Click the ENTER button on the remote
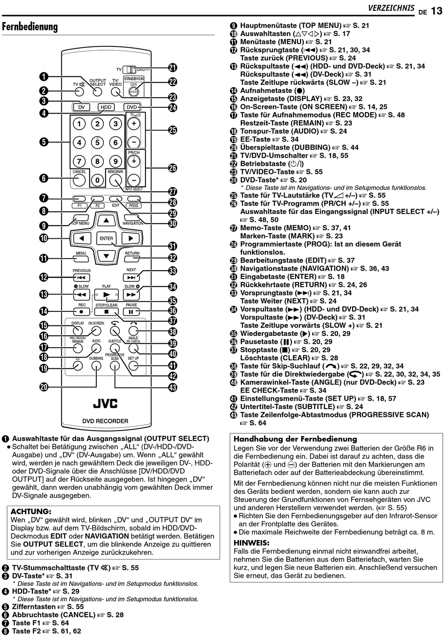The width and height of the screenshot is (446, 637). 107,238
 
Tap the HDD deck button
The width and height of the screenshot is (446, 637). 106,107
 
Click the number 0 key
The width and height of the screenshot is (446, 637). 97,180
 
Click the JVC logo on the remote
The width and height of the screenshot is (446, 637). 105,403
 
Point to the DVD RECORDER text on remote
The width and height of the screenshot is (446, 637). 105,421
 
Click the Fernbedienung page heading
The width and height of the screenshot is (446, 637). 30,27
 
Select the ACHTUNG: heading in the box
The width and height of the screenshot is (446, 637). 31,511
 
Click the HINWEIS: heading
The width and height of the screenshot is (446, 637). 252,543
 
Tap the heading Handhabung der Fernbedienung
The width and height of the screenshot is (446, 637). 295,439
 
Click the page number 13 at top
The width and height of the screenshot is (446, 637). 436,10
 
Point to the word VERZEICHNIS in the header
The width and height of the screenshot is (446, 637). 391,8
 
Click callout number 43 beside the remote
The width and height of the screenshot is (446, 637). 173,387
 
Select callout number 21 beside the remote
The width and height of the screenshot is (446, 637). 173,68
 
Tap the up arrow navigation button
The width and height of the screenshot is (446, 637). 107,220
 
